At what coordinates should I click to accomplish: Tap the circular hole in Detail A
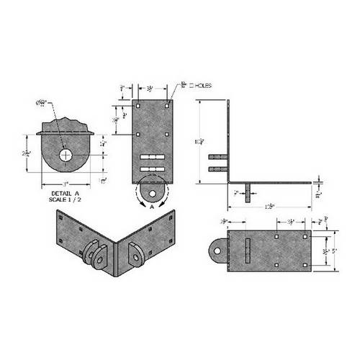point(66,155)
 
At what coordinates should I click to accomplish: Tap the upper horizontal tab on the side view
point(218,156)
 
